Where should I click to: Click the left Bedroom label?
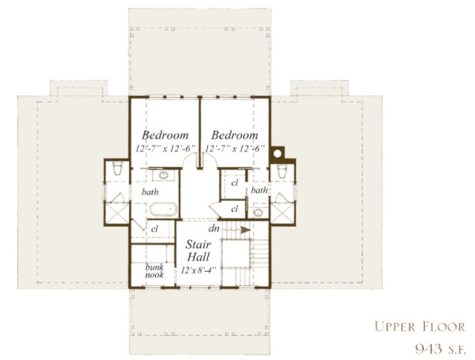(x=165, y=135)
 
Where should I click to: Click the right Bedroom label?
(x=235, y=135)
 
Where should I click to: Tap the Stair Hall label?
(x=199, y=251)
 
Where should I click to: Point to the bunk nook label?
(x=154, y=271)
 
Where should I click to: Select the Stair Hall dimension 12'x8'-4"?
(x=199, y=270)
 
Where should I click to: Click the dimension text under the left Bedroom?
(x=165, y=149)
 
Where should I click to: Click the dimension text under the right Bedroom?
(x=235, y=149)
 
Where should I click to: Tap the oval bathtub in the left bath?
(x=163, y=210)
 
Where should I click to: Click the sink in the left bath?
(x=164, y=175)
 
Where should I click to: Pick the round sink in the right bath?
(x=258, y=213)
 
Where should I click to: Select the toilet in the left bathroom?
(x=117, y=169)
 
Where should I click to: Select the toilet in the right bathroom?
(x=282, y=172)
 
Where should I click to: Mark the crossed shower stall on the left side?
(x=117, y=213)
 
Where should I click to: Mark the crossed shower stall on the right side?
(x=282, y=213)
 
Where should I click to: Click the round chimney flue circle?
(x=277, y=154)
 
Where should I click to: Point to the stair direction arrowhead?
(x=246, y=230)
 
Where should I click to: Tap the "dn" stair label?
(x=214, y=228)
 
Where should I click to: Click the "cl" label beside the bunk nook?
(x=154, y=228)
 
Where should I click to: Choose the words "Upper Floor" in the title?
(x=420, y=327)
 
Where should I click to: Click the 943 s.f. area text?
(x=440, y=349)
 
